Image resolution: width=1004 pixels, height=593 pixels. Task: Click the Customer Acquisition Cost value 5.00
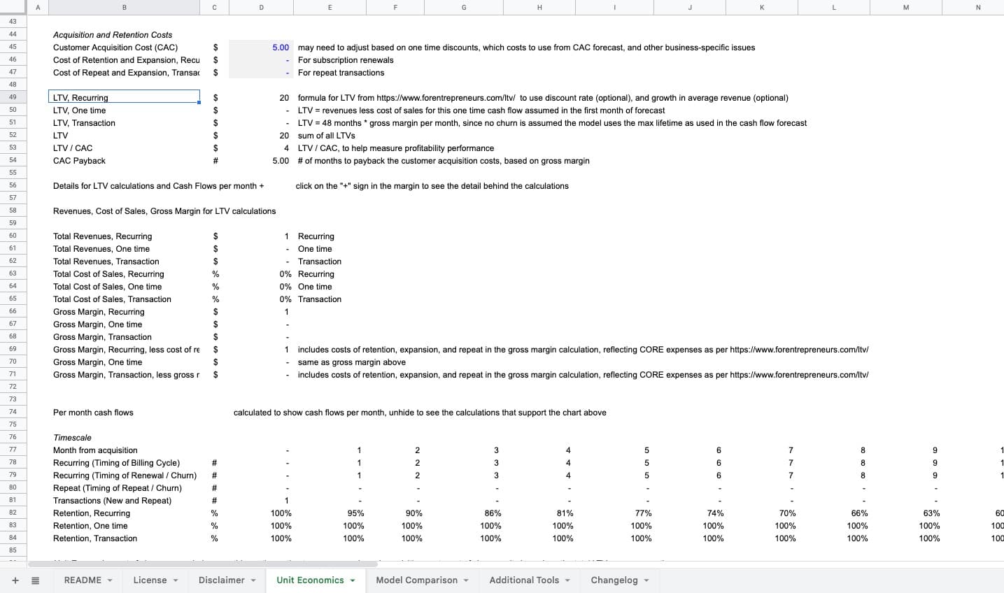pyautogui.click(x=280, y=48)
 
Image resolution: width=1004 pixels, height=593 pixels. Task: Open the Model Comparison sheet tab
pyautogui.click(x=416, y=580)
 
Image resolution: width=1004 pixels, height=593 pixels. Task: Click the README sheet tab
pyautogui.click(x=83, y=580)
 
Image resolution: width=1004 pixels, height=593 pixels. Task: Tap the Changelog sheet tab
pyautogui.click(x=614, y=580)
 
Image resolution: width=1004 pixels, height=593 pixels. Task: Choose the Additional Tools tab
pyautogui.click(x=524, y=580)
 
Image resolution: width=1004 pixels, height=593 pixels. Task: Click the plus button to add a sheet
pyautogui.click(x=15, y=580)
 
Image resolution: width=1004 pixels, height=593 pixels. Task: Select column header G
pyautogui.click(x=463, y=7)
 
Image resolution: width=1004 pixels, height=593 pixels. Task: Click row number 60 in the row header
pyautogui.click(x=13, y=236)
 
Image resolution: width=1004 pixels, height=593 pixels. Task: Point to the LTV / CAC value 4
pyautogui.click(x=286, y=148)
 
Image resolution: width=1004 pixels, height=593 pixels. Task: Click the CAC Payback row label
pyautogui.click(x=79, y=161)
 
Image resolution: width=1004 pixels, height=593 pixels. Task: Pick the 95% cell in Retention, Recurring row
pyautogui.click(x=355, y=513)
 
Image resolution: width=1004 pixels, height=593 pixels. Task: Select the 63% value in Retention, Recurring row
pyautogui.click(x=931, y=513)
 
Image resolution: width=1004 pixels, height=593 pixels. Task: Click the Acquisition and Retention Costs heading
pyautogui.click(x=113, y=35)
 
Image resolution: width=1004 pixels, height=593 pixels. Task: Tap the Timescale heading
pyautogui.click(x=72, y=438)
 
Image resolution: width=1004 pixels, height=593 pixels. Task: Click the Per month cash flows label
pyautogui.click(x=93, y=413)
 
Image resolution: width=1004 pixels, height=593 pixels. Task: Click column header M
pyautogui.click(x=905, y=7)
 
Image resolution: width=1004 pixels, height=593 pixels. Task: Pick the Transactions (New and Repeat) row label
pyautogui.click(x=112, y=501)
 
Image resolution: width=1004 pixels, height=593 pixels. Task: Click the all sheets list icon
pyautogui.click(x=36, y=580)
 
